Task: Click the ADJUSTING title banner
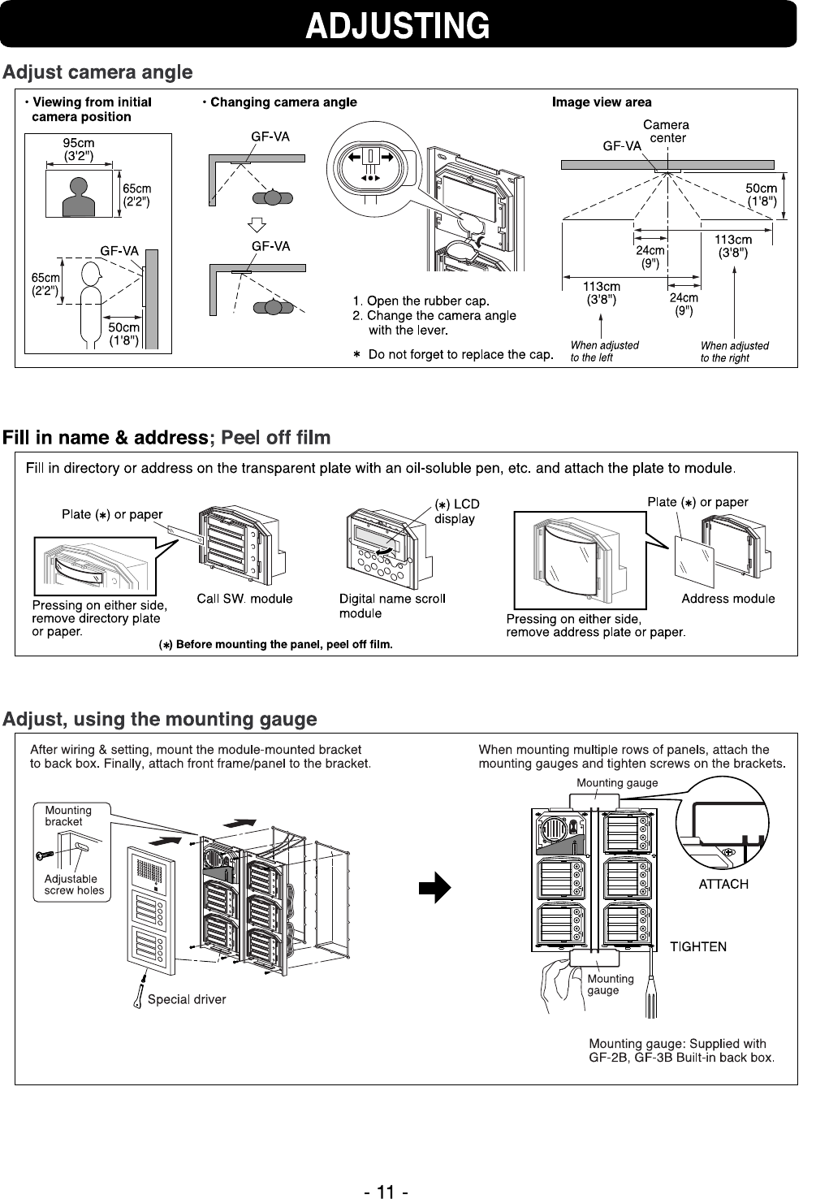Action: point(398,25)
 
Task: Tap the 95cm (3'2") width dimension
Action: point(79,149)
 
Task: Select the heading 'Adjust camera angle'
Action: point(98,73)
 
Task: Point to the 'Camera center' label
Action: point(666,132)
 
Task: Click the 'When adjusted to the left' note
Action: point(604,351)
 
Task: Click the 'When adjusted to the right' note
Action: point(734,351)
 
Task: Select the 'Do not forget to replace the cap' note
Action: point(454,354)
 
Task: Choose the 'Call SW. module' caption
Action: point(244,599)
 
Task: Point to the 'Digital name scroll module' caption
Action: point(391,606)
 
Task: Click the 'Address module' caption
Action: point(727,599)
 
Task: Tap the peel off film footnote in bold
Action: point(274,645)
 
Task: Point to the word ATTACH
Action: point(723,884)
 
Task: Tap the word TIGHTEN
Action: point(697,946)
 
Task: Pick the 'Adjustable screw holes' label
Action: point(74,885)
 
